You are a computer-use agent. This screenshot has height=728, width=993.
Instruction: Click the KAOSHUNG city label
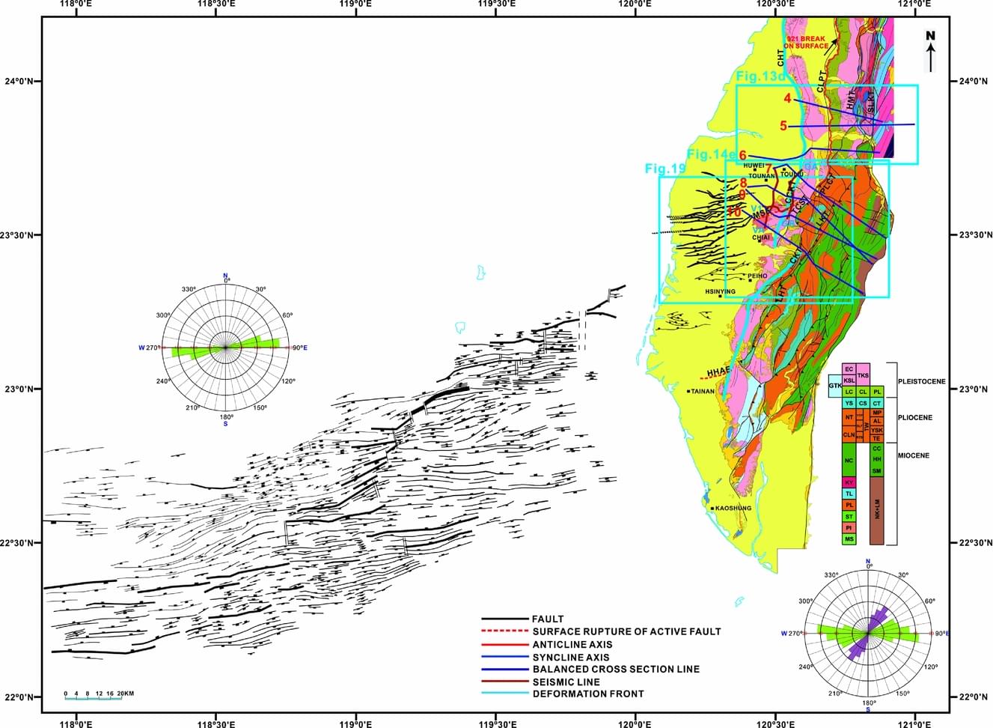click(733, 509)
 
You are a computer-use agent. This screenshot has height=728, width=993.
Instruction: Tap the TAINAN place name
click(703, 391)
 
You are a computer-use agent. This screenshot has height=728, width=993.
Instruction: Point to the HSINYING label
click(721, 291)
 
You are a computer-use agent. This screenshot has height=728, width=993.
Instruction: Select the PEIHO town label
click(758, 276)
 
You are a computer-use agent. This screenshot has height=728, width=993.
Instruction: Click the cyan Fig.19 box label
click(665, 169)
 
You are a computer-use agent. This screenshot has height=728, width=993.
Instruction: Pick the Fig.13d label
click(760, 76)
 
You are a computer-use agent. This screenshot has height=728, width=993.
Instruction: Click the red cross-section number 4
click(787, 99)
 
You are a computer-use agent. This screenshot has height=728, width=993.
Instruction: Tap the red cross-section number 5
click(783, 126)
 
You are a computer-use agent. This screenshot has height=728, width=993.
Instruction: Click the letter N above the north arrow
click(931, 34)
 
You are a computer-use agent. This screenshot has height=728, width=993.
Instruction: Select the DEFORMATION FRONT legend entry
click(587, 694)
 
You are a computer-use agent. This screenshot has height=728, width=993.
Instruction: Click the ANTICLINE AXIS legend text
click(572, 644)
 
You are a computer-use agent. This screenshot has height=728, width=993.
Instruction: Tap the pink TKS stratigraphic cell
click(863, 374)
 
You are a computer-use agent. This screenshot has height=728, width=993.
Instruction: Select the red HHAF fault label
click(718, 371)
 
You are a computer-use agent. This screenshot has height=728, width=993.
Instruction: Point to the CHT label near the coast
click(781, 53)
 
